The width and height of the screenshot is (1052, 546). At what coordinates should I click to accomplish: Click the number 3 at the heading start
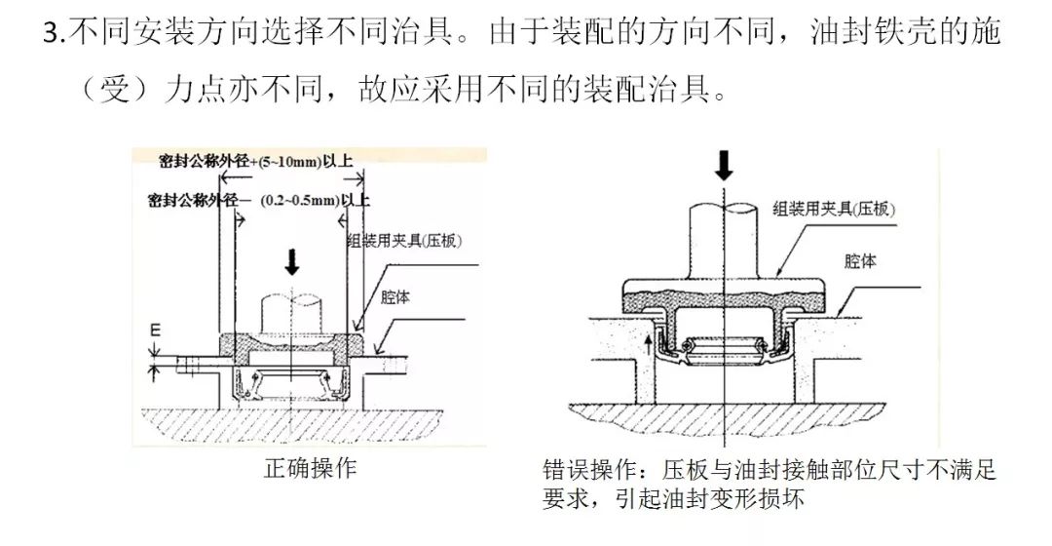[51, 33]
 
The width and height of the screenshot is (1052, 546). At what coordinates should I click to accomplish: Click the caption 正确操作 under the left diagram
[311, 468]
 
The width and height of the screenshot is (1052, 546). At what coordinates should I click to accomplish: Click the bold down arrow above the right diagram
[723, 165]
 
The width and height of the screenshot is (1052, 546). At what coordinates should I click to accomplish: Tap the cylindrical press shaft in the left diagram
[291, 311]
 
